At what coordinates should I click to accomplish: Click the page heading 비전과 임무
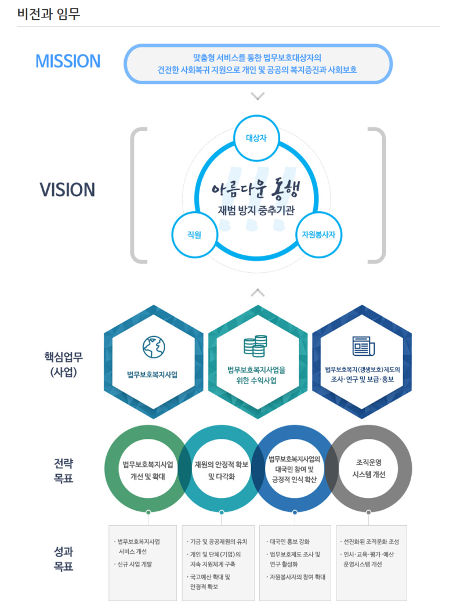tap(49, 14)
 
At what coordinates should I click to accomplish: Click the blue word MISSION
tap(68, 61)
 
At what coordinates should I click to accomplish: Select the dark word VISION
tap(67, 190)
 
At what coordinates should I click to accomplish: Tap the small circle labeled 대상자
tap(256, 139)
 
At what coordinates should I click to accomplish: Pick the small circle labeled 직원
tap(194, 234)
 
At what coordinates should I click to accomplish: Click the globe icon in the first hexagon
tap(153, 346)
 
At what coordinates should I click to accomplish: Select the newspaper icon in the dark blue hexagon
tap(362, 346)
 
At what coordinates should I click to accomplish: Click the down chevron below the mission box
tap(258, 96)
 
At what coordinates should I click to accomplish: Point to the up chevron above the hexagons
tap(258, 293)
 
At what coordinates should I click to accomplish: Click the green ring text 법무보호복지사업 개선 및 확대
tap(148, 470)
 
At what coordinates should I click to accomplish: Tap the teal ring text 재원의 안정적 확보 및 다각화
tap(222, 470)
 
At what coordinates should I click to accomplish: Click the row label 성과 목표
tap(64, 559)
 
